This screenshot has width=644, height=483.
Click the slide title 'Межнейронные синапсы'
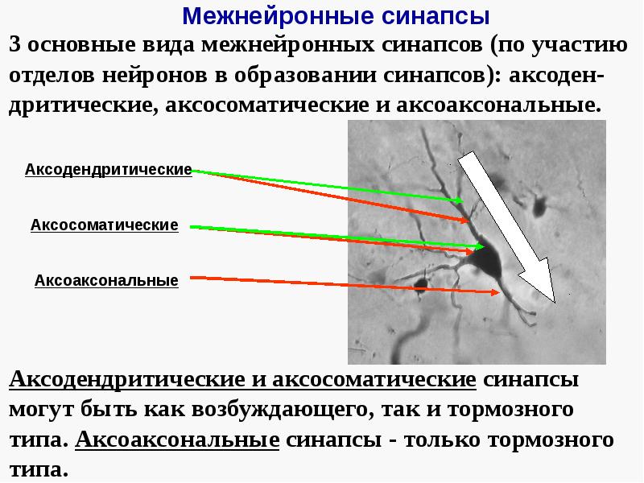coord(335,15)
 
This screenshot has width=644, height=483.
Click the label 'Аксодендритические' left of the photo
coord(108,170)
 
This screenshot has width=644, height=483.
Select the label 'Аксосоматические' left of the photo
coord(104,225)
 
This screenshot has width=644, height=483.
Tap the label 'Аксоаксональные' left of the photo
coord(106,281)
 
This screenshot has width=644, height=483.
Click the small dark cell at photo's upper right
coord(539,207)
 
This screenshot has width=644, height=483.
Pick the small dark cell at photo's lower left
coord(419,283)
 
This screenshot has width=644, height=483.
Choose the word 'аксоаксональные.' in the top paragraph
coord(510,105)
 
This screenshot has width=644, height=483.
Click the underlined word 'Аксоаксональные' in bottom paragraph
coord(176,440)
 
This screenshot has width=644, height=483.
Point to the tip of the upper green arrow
coord(464,200)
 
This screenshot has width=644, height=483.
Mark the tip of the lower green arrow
coord(475,246)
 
